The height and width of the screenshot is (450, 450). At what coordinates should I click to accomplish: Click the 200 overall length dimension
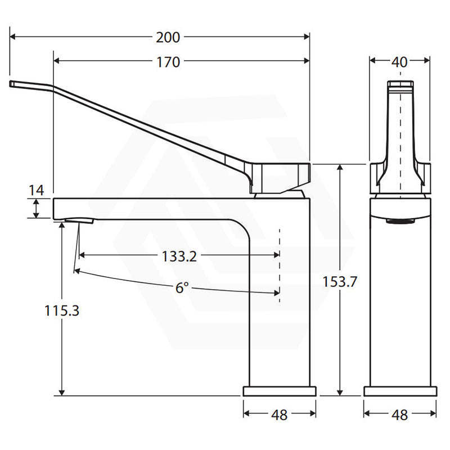168,38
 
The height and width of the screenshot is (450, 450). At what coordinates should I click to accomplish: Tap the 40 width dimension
399,62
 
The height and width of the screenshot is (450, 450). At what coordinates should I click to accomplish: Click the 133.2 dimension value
179,256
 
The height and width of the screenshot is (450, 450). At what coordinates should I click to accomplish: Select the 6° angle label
181,288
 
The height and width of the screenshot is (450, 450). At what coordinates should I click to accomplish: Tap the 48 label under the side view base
279,415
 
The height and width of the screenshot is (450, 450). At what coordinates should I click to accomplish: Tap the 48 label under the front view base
399,415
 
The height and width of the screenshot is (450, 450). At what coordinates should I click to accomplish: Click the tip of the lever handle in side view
12,84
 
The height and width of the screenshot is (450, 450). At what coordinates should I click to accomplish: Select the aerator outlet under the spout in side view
78,220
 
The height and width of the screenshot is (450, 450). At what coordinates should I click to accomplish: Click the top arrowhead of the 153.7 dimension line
339,167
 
